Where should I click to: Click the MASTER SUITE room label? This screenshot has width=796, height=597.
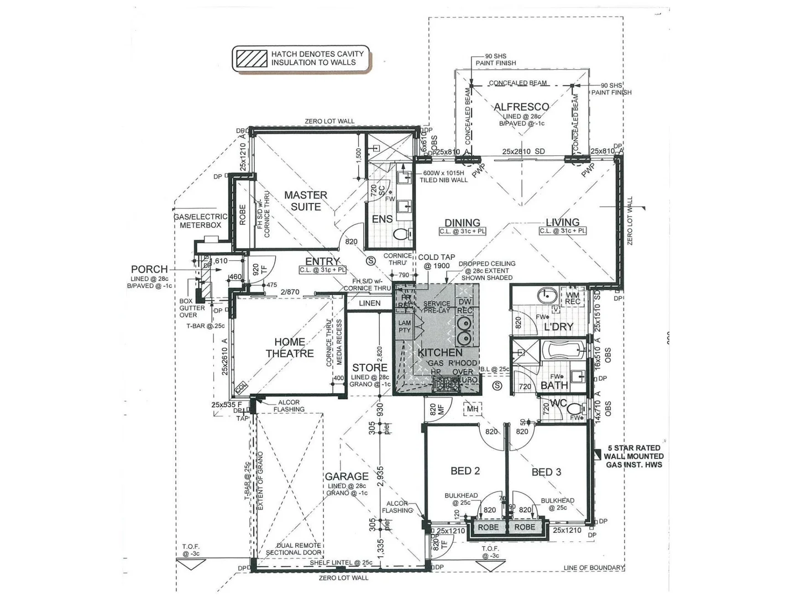click(x=306, y=201)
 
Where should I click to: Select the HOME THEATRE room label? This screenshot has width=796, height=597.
click(x=289, y=348)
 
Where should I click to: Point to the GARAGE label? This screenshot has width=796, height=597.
click(x=347, y=476)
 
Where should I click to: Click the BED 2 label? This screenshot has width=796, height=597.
click(x=465, y=470)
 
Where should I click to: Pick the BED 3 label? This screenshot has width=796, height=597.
click(x=546, y=472)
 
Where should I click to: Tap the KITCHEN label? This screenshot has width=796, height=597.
click(x=440, y=352)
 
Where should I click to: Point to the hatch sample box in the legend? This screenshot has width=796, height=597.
click(x=251, y=58)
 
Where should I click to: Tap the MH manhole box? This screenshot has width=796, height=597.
click(x=473, y=409)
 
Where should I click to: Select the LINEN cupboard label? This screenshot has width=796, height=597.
click(x=369, y=303)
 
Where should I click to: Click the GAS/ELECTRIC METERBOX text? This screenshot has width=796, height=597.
click(x=200, y=221)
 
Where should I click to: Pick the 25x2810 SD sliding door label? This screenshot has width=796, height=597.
click(x=523, y=151)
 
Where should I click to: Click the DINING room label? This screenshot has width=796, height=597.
click(x=462, y=222)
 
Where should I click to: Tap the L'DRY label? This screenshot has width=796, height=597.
click(x=558, y=327)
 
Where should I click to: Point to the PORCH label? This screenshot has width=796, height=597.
click(x=149, y=269)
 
